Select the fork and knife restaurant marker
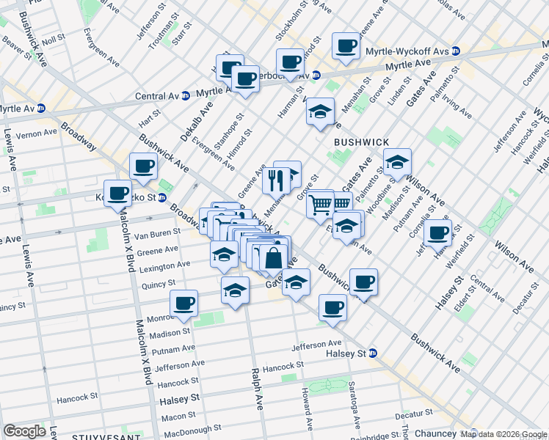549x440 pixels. coord(276,180)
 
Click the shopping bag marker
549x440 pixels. coord(272,259)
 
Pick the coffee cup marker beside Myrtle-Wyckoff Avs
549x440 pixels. coord(346,45)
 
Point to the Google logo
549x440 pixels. coord(24,431)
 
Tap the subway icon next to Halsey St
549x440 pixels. coord(373,353)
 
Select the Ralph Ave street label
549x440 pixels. coord(258,389)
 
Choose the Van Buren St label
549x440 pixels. coord(156,233)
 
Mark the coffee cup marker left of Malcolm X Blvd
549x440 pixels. coord(117,194)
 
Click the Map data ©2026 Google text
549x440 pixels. coord(503,434)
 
